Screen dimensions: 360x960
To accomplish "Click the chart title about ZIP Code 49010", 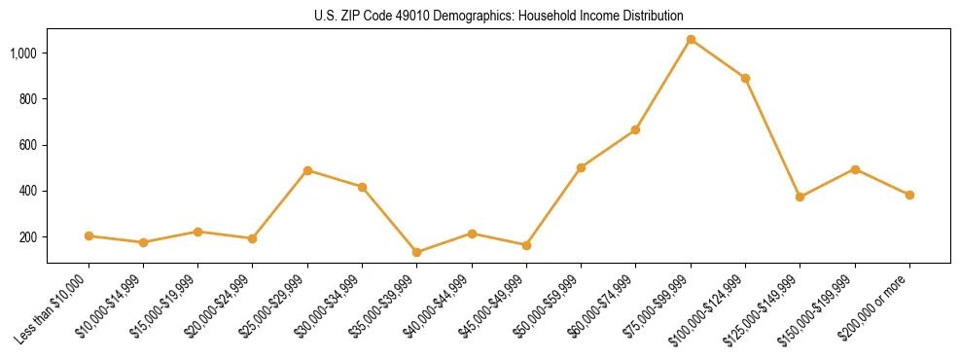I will [499, 16].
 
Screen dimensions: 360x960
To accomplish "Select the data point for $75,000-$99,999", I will [691, 40].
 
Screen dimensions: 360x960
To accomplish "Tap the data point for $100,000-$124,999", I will [745, 78].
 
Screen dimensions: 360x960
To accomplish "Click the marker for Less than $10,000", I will [89, 235].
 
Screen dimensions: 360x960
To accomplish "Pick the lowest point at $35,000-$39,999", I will [417, 252].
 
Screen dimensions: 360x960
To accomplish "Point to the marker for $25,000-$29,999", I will [307, 170].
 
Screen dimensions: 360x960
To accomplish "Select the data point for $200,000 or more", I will [909, 195].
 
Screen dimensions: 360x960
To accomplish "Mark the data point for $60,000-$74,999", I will [636, 129].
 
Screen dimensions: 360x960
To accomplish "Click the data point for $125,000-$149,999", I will [800, 197].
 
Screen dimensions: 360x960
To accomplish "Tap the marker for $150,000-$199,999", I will [855, 169].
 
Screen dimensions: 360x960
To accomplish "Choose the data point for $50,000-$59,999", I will [581, 167].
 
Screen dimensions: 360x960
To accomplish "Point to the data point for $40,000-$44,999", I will [472, 234].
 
